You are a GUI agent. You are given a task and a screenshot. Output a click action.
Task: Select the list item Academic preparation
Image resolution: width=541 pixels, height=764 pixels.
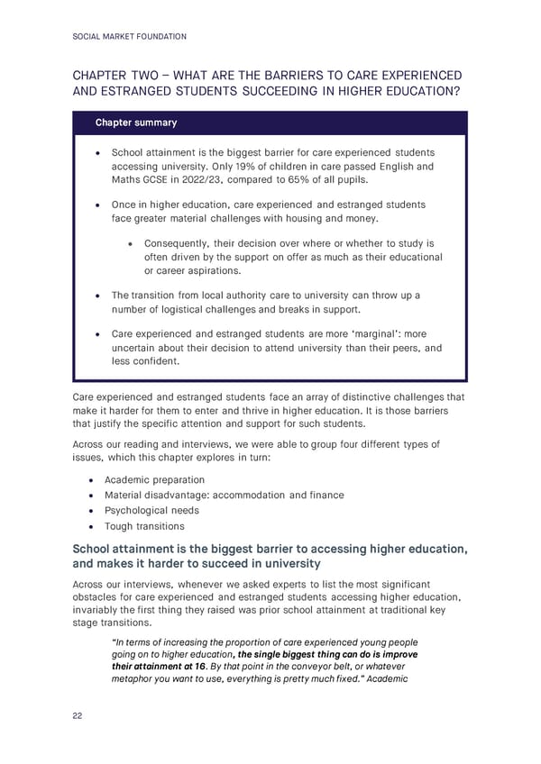154,480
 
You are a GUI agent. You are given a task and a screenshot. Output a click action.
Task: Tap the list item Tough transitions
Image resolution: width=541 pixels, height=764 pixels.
144,526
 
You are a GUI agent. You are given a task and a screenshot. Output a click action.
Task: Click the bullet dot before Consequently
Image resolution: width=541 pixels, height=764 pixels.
132,243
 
